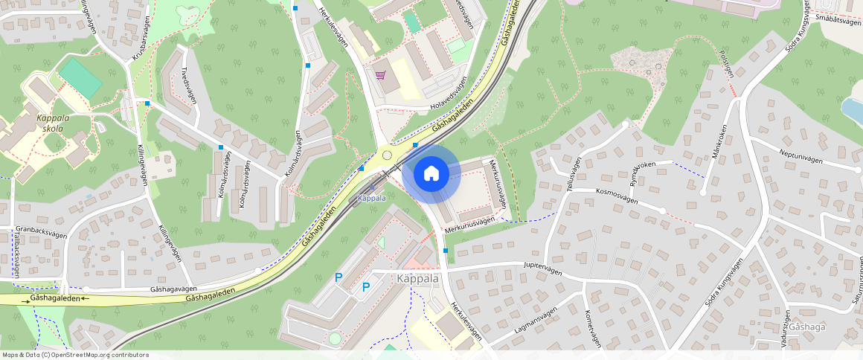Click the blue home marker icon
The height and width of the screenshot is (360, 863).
[431, 174]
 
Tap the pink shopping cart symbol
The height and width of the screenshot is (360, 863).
[381, 75]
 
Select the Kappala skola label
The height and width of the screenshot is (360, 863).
[50, 123]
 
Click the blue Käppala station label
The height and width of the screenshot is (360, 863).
[371, 198]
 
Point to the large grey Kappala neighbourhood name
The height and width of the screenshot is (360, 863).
[418, 278]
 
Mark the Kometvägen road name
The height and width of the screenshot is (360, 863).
[593, 328]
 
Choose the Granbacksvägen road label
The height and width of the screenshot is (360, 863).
[41, 231]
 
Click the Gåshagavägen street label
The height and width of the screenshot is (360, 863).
[173, 288]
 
